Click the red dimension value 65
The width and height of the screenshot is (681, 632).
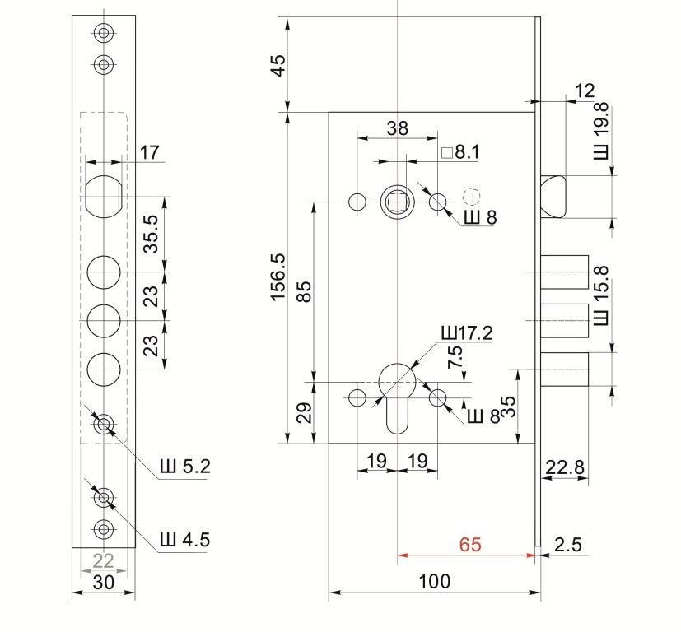tap(470, 545)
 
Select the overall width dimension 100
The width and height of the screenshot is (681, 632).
tap(434, 582)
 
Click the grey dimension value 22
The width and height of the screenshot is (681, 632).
tap(103, 561)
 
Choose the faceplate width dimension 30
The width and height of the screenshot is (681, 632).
tap(103, 582)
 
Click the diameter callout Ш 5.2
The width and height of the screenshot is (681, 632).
tap(184, 467)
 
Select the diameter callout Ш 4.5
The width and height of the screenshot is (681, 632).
tap(184, 540)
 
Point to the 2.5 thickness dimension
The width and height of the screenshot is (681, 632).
tap(568, 545)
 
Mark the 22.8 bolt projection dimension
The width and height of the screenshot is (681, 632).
tap(566, 468)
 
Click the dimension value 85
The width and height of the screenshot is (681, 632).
tap(306, 293)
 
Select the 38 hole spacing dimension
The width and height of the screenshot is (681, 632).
tap(397, 128)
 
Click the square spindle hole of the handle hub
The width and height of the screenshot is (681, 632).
tap(397, 198)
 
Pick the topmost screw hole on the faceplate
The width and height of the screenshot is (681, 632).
tap(103, 33)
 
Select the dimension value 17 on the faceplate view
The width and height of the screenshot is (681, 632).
tap(149, 152)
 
